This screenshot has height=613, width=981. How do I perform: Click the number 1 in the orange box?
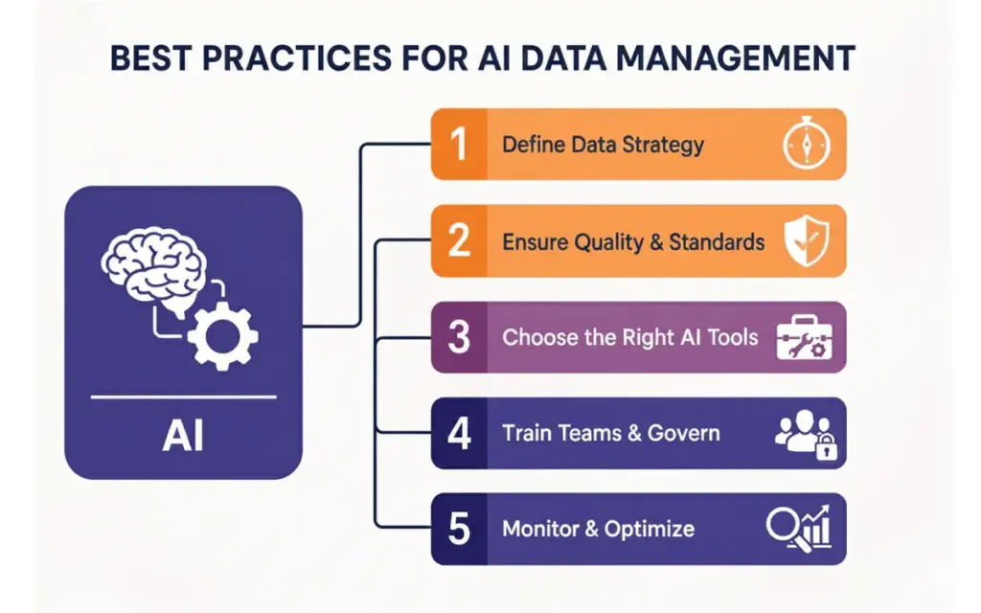coord(459,145)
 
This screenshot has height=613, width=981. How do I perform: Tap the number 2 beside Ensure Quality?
coord(460,241)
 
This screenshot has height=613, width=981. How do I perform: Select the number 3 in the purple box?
coord(460,337)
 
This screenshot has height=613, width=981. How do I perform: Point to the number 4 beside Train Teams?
coord(460,433)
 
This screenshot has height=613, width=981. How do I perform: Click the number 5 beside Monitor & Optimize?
coord(460,529)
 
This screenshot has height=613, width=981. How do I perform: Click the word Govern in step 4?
coord(683,433)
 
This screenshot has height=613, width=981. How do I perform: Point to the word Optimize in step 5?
coord(649,530)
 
